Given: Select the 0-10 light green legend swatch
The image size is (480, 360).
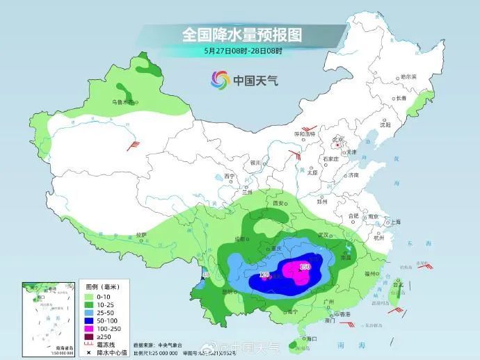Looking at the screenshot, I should [x=90, y=295].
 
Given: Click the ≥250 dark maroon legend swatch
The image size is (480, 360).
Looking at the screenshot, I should [x=90, y=336].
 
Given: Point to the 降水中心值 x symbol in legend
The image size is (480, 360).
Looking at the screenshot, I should [x=90, y=354].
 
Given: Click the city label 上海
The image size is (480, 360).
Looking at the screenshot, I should [x=394, y=222].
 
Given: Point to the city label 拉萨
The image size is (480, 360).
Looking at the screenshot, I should [x=142, y=234].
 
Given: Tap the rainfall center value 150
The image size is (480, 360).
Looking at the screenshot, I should [x=304, y=266].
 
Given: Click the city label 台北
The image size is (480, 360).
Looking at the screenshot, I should [x=399, y=284].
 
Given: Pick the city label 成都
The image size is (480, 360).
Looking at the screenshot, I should [x=241, y=238].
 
